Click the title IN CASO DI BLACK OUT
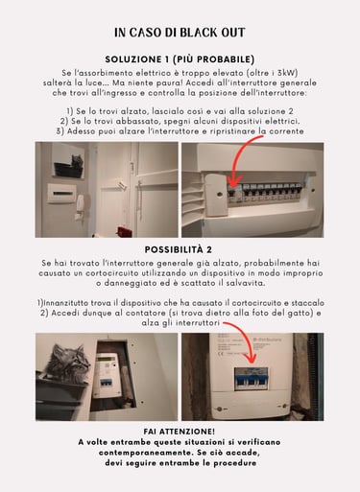click(x=180, y=33)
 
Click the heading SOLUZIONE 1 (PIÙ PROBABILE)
click(x=180, y=59)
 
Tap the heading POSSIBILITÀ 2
click(x=179, y=249)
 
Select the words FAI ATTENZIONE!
click(x=180, y=432)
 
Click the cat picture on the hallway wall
click(x=69, y=162)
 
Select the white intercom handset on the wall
click(x=80, y=208)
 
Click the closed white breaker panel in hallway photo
click(x=62, y=194)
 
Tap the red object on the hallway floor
click(x=124, y=231)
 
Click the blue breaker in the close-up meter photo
click(x=252, y=379)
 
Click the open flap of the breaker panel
click(x=216, y=195)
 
